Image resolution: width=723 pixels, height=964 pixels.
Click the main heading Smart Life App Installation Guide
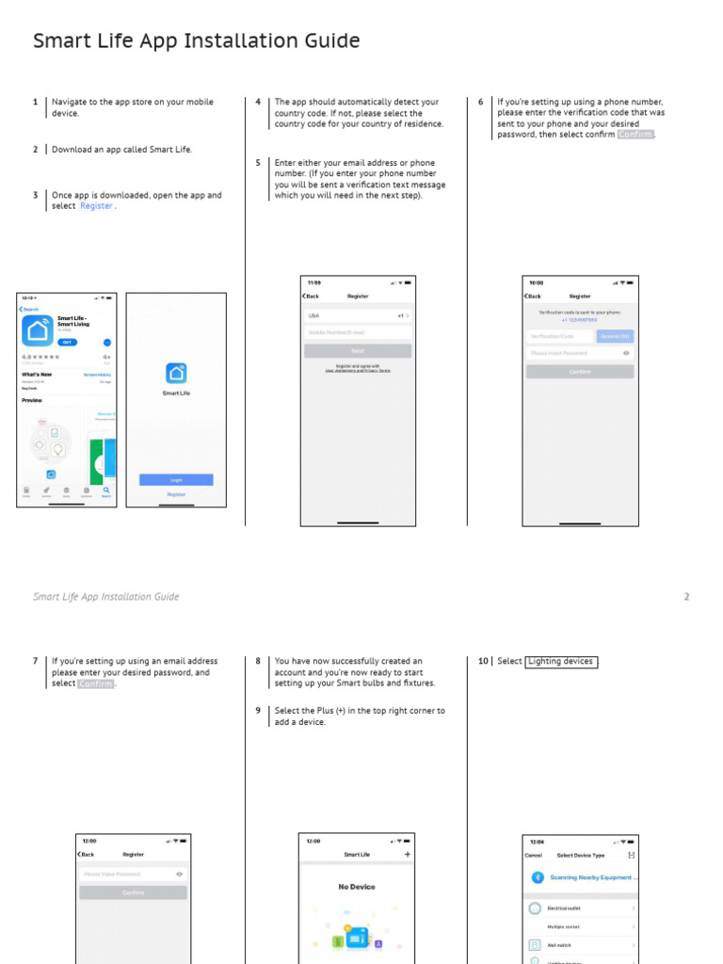click(x=196, y=40)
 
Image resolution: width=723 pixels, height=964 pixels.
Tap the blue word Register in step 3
click(x=96, y=206)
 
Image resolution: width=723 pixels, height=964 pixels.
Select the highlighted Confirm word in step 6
click(x=635, y=135)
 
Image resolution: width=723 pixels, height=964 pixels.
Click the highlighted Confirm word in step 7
click(x=95, y=683)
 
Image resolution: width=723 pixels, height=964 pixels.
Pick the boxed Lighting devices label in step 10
click(x=561, y=662)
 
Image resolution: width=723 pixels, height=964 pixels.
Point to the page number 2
click(x=686, y=597)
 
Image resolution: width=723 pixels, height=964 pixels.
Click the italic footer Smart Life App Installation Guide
click(x=105, y=597)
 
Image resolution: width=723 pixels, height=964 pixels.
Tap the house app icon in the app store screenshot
click(x=38, y=330)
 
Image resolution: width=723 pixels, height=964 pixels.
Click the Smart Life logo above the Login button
click(x=176, y=374)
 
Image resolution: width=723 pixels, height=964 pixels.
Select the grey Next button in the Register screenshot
click(x=358, y=350)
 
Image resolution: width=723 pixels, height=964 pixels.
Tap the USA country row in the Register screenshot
click(x=358, y=316)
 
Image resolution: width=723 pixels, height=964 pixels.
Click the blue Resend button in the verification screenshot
click(x=615, y=336)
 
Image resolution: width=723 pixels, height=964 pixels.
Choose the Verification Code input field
click(x=560, y=336)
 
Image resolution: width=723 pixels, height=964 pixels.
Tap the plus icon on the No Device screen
click(x=407, y=855)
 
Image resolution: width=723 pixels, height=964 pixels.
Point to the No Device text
click(x=357, y=887)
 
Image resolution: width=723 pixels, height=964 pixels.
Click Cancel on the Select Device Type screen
click(x=533, y=855)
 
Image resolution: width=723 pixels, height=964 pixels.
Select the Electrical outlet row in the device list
click(x=579, y=908)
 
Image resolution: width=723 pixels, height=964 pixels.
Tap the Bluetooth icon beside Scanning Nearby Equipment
click(x=537, y=877)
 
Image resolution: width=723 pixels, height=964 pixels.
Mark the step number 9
click(x=258, y=711)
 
